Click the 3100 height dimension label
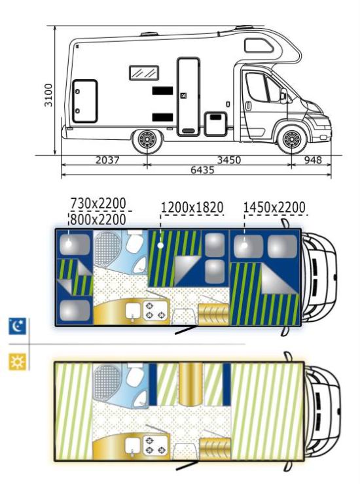point(48,95)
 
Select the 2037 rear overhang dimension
point(107,160)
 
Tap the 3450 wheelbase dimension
point(229,160)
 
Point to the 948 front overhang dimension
point(313,160)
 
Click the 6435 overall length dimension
point(202,170)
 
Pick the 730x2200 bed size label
point(98,203)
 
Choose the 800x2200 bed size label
point(98,220)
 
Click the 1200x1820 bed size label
point(192,207)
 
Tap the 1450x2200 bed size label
point(274,207)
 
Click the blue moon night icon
point(18,326)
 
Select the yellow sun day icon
point(18,362)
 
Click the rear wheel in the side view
point(147,141)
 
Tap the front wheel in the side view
point(292,139)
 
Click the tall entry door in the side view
point(189,97)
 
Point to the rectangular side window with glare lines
point(144,73)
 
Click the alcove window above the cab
point(259,45)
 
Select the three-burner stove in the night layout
point(155,311)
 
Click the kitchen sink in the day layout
point(133,448)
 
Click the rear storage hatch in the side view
point(85,101)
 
